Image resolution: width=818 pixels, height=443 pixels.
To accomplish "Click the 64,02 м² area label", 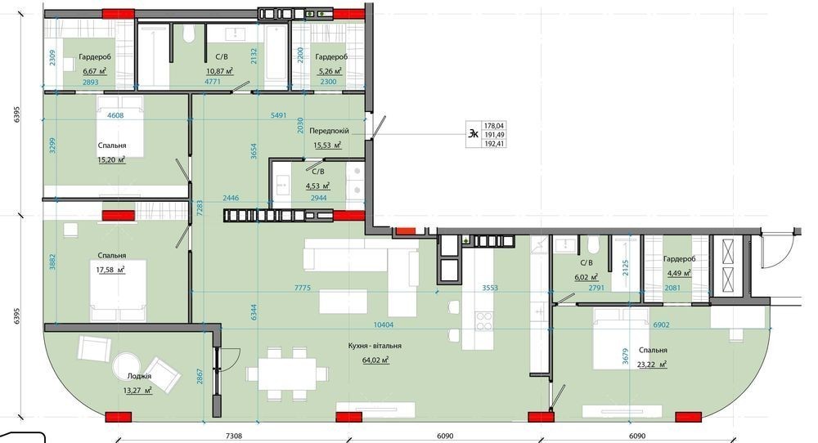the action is point(375,360).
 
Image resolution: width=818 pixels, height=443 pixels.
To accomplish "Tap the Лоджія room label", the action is point(139,376).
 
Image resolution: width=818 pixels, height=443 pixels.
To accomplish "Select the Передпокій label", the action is point(329,131).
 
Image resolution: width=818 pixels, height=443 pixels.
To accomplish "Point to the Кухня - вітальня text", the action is point(375,346).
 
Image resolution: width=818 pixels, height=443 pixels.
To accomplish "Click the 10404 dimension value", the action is point(384,324).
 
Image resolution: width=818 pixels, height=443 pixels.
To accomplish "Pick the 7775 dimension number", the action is point(303,288).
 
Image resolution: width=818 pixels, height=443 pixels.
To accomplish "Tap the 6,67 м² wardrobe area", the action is point(94,71).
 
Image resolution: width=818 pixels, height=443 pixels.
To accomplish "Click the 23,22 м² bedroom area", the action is point(653,365).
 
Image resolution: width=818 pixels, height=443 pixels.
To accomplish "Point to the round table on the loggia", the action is point(128,368).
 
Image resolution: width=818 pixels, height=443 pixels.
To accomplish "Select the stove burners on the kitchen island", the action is point(484,321).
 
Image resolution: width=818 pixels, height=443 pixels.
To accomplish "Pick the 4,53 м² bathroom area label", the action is point(317,185).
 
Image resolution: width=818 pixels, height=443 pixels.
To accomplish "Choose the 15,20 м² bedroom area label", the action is point(111,160).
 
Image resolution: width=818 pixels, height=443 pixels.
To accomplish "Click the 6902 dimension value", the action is point(661,324).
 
